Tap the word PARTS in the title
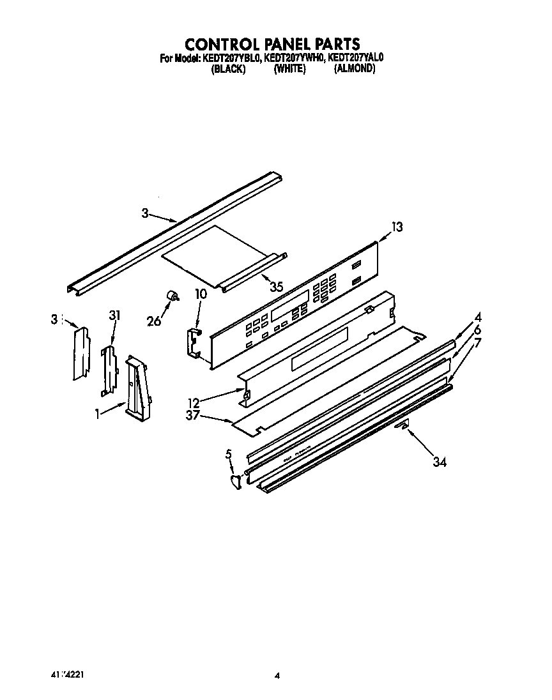click(x=334, y=44)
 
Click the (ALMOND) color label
click(x=354, y=69)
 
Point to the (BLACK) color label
click(x=228, y=69)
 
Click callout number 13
click(x=397, y=227)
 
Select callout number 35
click(x=276, y=287)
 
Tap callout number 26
click(x=155, y=321)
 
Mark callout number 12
click(x=194, y=402)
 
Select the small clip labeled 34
click(x=401, y=425)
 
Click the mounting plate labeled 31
click(x=111, y=369)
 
